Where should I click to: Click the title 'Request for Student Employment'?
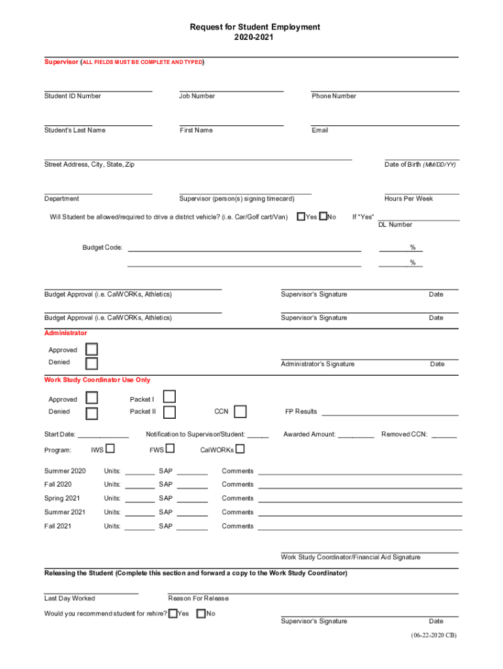255,27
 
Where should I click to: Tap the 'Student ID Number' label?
73,96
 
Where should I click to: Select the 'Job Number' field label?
197,96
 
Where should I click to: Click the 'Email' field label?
320,130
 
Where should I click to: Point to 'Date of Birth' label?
420,165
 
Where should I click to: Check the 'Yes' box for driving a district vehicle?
300,216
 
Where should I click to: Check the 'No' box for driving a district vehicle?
323,216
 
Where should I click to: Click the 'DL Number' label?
395,225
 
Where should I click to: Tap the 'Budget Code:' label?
102,248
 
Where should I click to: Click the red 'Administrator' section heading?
65,333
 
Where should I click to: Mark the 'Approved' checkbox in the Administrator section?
92,350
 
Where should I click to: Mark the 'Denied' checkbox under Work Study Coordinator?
92,413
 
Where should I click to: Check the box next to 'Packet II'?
169,412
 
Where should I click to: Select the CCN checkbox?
240,412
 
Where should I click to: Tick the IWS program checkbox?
110,448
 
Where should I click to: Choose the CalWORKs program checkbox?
240,448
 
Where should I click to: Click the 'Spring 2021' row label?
62,498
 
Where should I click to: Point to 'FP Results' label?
300,412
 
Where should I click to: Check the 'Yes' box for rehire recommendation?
172,613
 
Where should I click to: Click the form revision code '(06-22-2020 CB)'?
434,635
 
